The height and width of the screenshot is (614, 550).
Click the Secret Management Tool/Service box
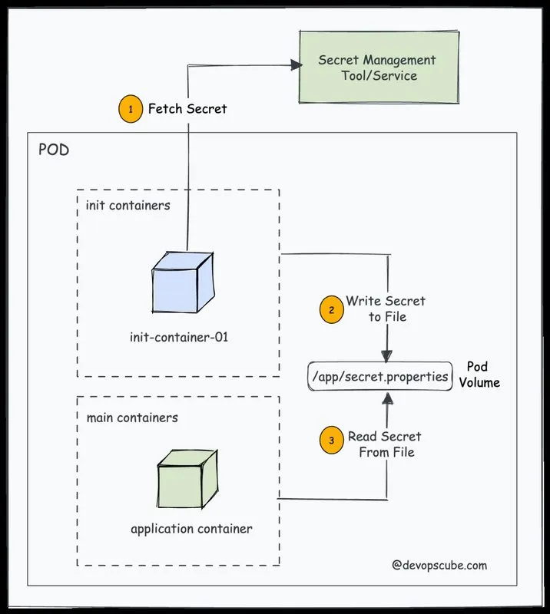[x=379, y=68]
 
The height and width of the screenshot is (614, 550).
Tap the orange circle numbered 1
[x=131, y=109]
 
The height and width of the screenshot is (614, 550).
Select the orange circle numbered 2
[x=332, y=309]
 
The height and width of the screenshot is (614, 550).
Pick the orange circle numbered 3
[x=332, y=440]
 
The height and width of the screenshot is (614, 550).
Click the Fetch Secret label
[x=187, y=108]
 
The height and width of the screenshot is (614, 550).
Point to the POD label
[x=54, y=150]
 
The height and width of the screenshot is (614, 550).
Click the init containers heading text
[x=128, y=205]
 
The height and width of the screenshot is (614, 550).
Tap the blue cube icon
[x=183, y=282]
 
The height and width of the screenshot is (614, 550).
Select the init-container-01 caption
[x=179, y=337]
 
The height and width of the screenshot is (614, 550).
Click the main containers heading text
[x=132, y=418]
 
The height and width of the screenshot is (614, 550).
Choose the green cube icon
[x=187, y=479]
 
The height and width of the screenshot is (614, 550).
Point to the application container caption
[x=191, y=529]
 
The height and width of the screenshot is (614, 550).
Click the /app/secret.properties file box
[x=380, y=376]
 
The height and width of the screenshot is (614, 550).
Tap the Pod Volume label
[x=479, y=375]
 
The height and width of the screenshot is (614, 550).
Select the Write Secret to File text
[x=386, y=309]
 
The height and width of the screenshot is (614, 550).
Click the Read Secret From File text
[x=385, y=444]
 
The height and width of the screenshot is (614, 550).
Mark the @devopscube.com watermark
[x=439, y=565]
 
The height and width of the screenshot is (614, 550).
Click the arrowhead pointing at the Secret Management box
[x=297, y=65]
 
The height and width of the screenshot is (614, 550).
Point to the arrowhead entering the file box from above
[x=387, y=356]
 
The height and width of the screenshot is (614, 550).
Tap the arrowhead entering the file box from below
[x=388, y=398]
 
